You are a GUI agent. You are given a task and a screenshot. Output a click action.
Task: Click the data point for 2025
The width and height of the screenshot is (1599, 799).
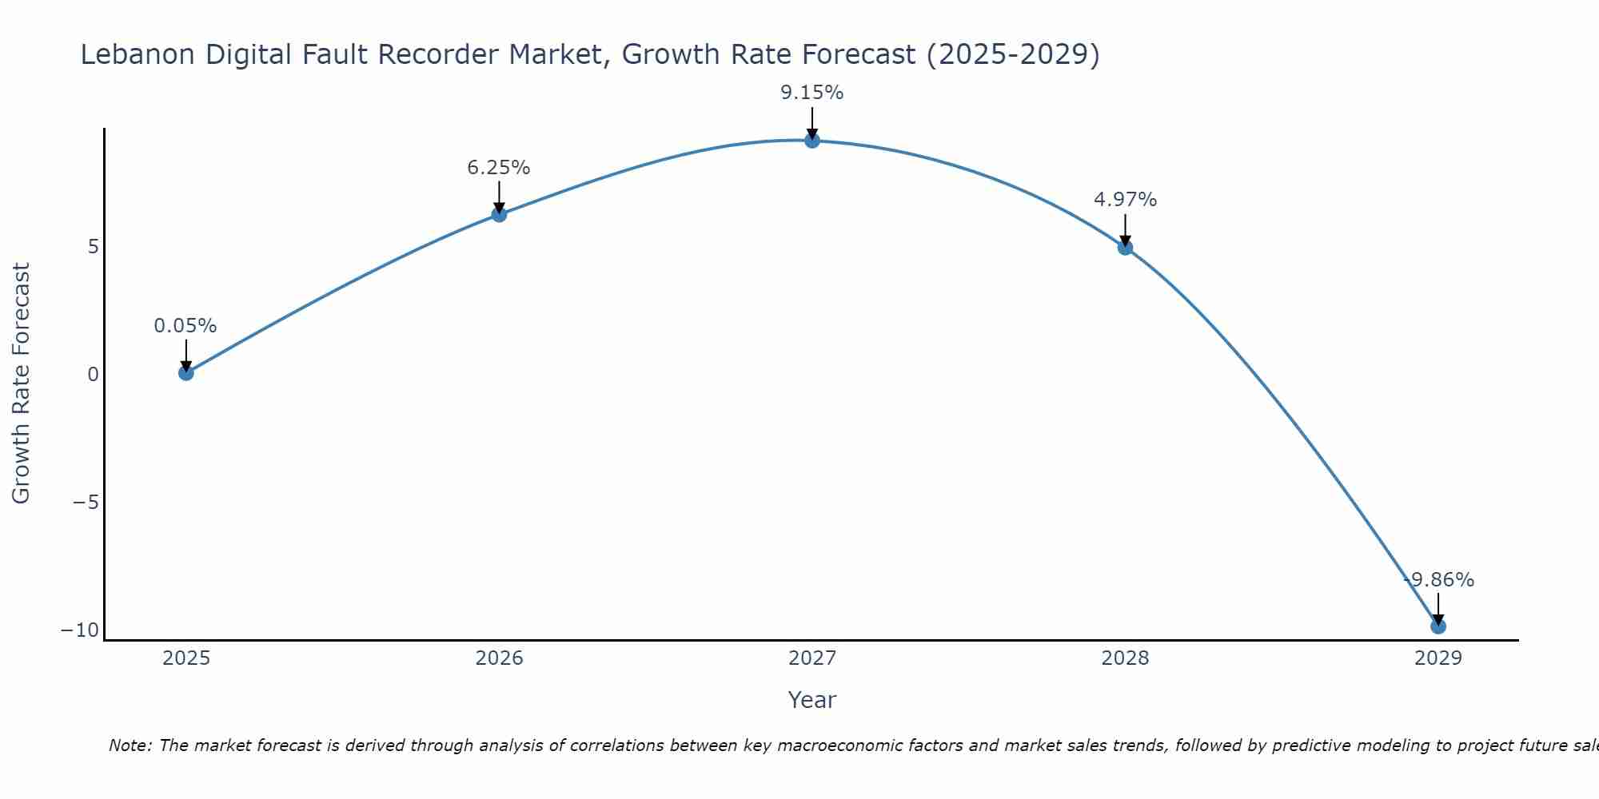(x=186, y=372)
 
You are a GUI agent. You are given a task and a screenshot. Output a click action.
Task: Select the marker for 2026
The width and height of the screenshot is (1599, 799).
(x=499, y=214)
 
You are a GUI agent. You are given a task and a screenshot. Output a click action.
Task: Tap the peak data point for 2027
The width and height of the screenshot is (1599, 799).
(x=812, y=141)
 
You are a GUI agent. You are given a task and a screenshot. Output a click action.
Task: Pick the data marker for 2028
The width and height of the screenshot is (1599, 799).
(x=1125, y=248)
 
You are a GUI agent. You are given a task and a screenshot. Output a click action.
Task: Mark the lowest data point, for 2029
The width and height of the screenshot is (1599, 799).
(x=1438, y=626)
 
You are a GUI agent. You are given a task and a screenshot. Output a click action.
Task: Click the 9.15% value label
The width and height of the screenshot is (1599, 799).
(x=812, y=93)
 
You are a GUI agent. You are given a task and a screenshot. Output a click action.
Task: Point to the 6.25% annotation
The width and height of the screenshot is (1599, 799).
(x=499, y=168)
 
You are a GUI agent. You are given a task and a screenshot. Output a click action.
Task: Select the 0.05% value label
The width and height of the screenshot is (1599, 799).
(x=185, y=326)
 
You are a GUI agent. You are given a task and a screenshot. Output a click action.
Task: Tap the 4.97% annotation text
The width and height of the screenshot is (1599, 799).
(x=1125, y=200)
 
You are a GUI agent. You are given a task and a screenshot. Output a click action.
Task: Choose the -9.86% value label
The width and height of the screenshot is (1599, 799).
(x=1438, y=580)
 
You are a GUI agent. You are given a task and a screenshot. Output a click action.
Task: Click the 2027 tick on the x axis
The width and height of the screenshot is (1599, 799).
(x=812, y=658)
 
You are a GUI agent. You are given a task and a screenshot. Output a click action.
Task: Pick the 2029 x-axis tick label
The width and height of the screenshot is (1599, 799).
(x=1438, y=658)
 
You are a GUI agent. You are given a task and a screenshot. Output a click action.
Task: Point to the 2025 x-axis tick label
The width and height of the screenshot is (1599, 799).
(x=186, y=658)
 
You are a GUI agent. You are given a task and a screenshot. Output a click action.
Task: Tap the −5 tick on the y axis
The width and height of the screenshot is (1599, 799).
(x=86, y=503)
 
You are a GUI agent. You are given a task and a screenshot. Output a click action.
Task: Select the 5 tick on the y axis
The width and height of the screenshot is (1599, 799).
(x=94, y=246)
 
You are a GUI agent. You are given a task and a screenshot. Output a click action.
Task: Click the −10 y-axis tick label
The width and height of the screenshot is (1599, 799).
(x=80, y=630)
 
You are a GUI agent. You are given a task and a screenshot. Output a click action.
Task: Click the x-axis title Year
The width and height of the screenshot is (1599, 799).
(x=812, y=700)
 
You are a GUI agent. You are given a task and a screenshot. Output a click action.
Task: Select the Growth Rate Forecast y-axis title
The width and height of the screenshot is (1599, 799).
(x=22, y=384)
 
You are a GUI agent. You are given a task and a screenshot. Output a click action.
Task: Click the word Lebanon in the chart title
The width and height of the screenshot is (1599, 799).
(x=138, y=54)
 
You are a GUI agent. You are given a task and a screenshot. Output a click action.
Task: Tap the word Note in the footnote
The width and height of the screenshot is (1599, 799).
(x=129, y=745)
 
